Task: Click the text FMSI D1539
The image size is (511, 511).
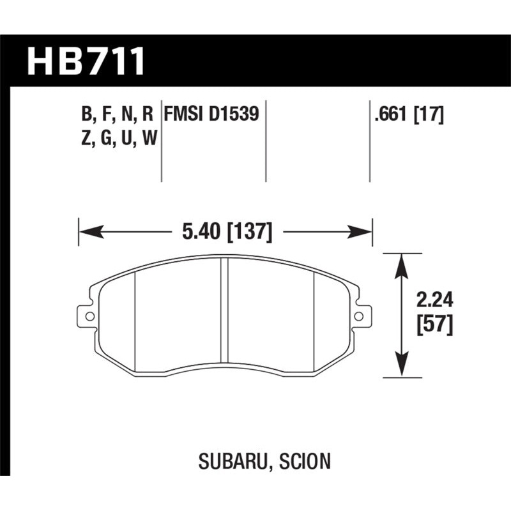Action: point(211,114)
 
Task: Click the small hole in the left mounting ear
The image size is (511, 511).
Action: point(89,316)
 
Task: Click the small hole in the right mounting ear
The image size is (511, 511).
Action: point(360,316)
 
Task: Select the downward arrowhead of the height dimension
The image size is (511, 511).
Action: point(401,371)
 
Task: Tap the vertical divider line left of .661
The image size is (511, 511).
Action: point(370,141)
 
